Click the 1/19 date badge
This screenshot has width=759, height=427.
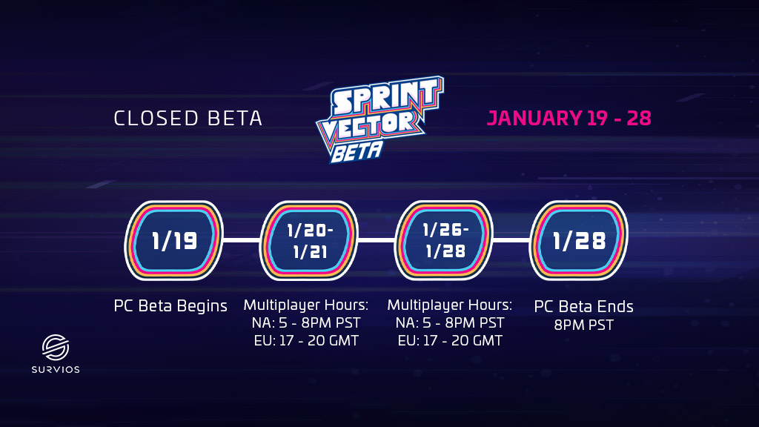click(x=173, y=240)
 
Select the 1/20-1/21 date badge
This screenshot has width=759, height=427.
click(x=309, y=240)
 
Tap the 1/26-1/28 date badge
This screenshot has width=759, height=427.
click(x=444, y=240)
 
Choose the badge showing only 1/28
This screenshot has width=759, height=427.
click(x=579, y=240)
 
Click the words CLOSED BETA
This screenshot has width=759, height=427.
click(x=188, y=119)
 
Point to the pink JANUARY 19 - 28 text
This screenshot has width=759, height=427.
click(x=569, y=119)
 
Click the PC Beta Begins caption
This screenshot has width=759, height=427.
click(x=170, y=306)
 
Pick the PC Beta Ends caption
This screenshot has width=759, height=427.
click(x=584, y=306)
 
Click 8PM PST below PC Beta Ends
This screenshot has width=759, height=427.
click(x=584, y=325)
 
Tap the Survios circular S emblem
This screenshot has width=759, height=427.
click(x=55, y=348)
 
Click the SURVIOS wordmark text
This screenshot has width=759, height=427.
click(x=56, y=370)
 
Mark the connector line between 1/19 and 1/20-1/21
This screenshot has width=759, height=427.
click(x=242, y=240)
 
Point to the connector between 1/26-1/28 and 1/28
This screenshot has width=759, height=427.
click(x=511, y=240)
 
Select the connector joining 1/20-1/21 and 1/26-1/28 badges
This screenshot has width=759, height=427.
click(x=377, y=240)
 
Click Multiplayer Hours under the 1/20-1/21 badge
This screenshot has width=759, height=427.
click(x=306, y=305)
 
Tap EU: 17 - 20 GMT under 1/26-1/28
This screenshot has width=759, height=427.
click(x=450, y=341)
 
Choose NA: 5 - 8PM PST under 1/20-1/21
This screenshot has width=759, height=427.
click(x=306, y=323)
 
